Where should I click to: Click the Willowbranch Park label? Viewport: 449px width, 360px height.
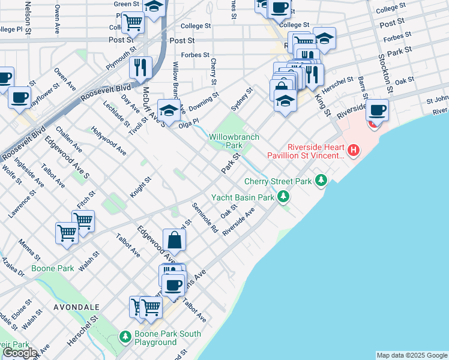tap(234, 141)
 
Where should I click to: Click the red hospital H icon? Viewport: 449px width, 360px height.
tap(354, 150)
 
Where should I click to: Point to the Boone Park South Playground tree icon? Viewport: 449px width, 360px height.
tap(125, 337)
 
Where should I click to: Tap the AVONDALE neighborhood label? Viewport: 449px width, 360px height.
tap(76, 307)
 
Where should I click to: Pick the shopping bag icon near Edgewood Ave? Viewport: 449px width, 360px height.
tap(173, 240)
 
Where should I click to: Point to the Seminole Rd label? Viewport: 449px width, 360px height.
tap(205, 218)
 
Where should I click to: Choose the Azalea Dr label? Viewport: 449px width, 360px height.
tap(13, 268)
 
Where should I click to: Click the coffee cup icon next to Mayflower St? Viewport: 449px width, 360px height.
tap(19, 97)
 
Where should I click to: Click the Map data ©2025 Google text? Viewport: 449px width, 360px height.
tap(411, 355)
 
